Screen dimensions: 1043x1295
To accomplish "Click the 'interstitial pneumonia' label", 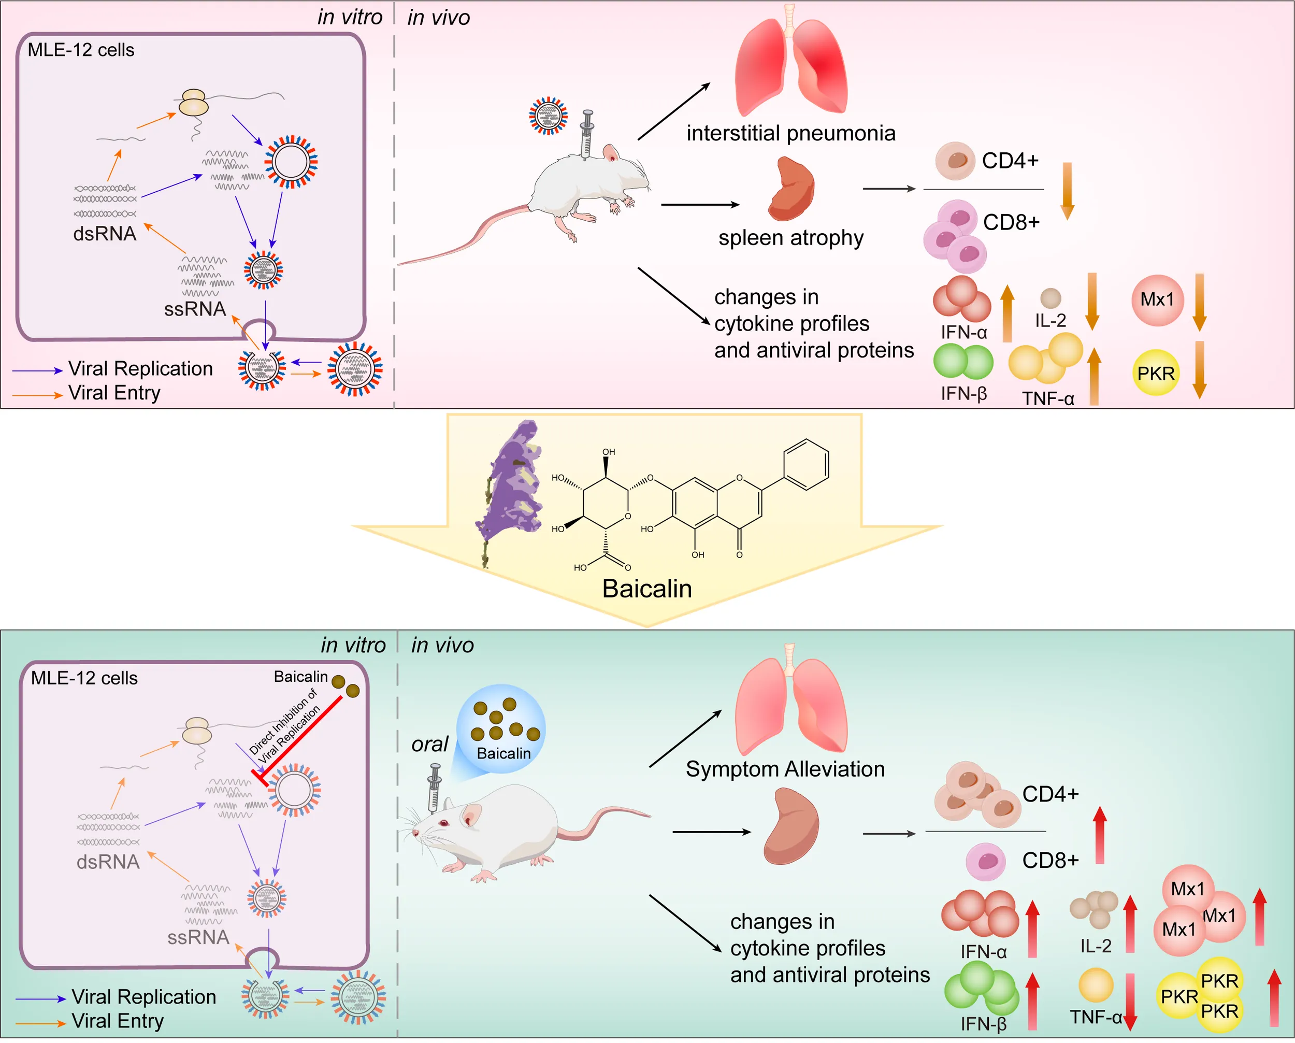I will [x=790, y=133].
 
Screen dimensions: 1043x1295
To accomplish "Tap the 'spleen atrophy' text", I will [x=790, y=238].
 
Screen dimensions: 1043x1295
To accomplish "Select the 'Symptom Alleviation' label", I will [x=785, y=769].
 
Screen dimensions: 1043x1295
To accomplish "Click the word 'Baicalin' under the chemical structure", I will [x=647, y=588].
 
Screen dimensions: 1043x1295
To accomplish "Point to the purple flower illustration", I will [x=511, y=481].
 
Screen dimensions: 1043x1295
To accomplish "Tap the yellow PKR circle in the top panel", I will [x=1156, y=373].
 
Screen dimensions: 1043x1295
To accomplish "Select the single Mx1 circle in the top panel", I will [x=1157, y=299].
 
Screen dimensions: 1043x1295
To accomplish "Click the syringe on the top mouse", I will [x=587, y=133].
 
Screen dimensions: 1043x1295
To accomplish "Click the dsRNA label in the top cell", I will [x=105, y=233].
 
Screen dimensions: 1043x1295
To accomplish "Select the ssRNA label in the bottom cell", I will [x=198, y=937].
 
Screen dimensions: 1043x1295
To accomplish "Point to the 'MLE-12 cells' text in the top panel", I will [x=81, y=50].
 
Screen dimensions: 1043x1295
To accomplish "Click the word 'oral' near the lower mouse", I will [x=429, y=745].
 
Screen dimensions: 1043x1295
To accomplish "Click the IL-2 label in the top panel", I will [x=1050, y=320].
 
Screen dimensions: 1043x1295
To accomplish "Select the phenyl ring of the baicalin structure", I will [x=807, y=464].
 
